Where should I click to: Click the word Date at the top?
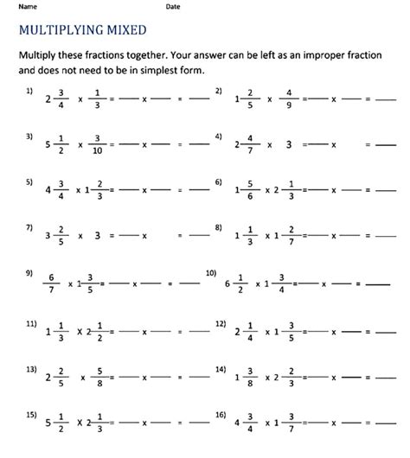click(173, 6)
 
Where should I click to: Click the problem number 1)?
click(30, 90)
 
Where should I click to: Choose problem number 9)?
click(30, 274)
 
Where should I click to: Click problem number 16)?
click(221, 415)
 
